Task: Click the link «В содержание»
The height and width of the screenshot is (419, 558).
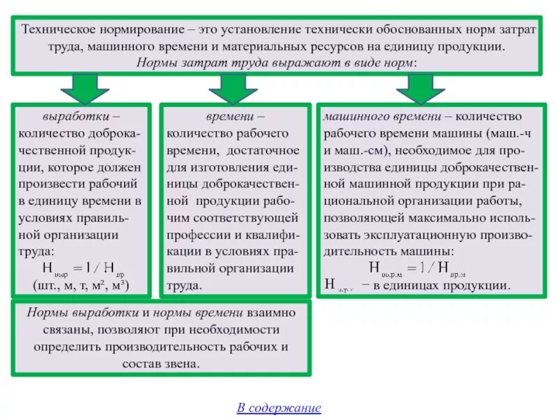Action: point(278,408)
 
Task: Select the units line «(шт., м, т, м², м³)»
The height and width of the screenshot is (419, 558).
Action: point(82,286)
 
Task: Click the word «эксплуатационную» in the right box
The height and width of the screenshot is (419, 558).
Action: point(420,235)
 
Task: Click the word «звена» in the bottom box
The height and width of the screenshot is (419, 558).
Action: point(184,364)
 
